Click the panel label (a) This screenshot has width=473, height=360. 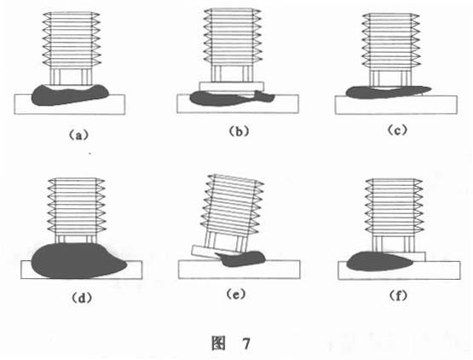click(78, 135)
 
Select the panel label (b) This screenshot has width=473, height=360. click(239, 131)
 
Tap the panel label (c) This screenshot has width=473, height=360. click(398, 131)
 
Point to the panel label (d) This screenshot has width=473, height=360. click(82, 298)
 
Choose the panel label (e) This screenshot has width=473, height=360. click(236, 294)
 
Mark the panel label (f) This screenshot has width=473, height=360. click(398, 296)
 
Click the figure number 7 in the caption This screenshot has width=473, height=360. click(246, 344)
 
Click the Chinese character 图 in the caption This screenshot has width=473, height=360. click(218, 343)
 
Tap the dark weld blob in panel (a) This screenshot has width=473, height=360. click(69, 96)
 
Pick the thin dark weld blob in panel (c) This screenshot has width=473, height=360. click(386, 92)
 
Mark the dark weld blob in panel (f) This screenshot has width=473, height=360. click(378, 262)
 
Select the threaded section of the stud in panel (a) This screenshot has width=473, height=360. click(72, 39)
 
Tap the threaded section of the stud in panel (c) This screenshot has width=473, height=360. click(391, 42)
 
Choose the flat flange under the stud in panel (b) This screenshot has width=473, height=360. click(232, 86)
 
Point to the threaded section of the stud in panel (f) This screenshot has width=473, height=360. click(394, 206)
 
